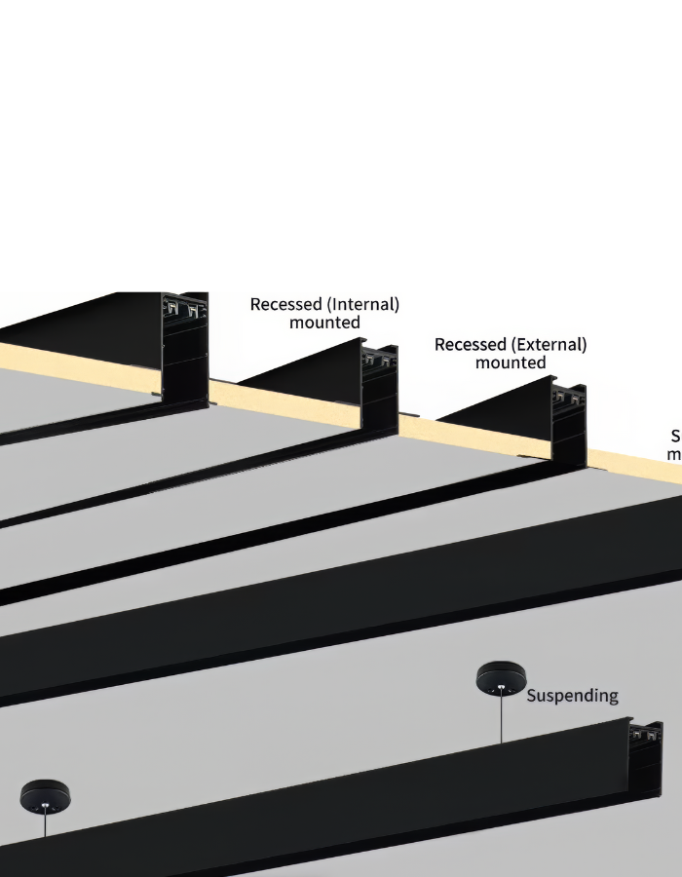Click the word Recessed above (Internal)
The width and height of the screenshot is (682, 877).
[x=285, y=304]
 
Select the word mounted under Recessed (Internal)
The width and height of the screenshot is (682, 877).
[x=324, y=323]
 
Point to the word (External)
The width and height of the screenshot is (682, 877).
[x=550, y=345]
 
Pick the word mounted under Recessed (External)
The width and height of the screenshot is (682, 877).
[x=511, y=363]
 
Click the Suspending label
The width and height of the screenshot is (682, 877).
[x=572, y=696]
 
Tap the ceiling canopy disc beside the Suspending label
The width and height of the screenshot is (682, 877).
[x=500, y=679]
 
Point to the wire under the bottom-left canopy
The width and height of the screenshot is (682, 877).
[x=45, y=826]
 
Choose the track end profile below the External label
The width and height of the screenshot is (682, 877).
[x=569, y=419]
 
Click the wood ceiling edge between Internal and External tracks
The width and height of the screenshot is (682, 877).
[x=419, y=430]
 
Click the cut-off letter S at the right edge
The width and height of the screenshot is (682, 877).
[x=676, y=436]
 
